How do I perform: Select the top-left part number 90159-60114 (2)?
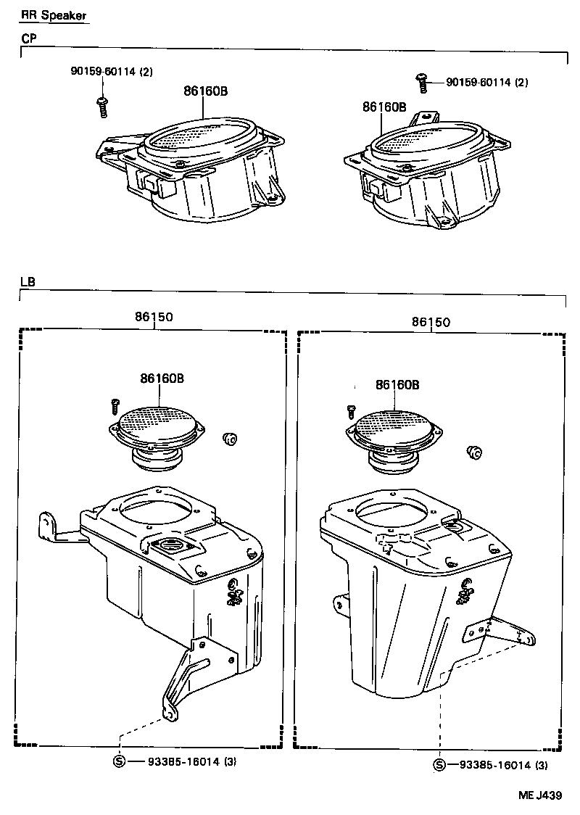click(x=112, y=71)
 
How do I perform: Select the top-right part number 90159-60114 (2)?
click(x=486, y=83)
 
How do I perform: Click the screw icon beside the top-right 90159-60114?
click(x=420, y=82)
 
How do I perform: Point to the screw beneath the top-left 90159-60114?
click(x=103, y=107)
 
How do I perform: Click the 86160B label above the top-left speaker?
click(x=205, y=91)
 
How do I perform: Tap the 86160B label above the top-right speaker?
click(x=384, y=107)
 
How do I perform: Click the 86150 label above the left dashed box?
click(x=153, y=317)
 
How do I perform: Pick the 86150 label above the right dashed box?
click(x=431, y=321)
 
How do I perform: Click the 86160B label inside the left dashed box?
click(x=162, y=378)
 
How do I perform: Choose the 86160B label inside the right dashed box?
click(x=397, y=385)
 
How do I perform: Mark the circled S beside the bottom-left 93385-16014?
click(x=120, y=761)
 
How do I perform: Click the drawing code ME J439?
click(x=539, y=795)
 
